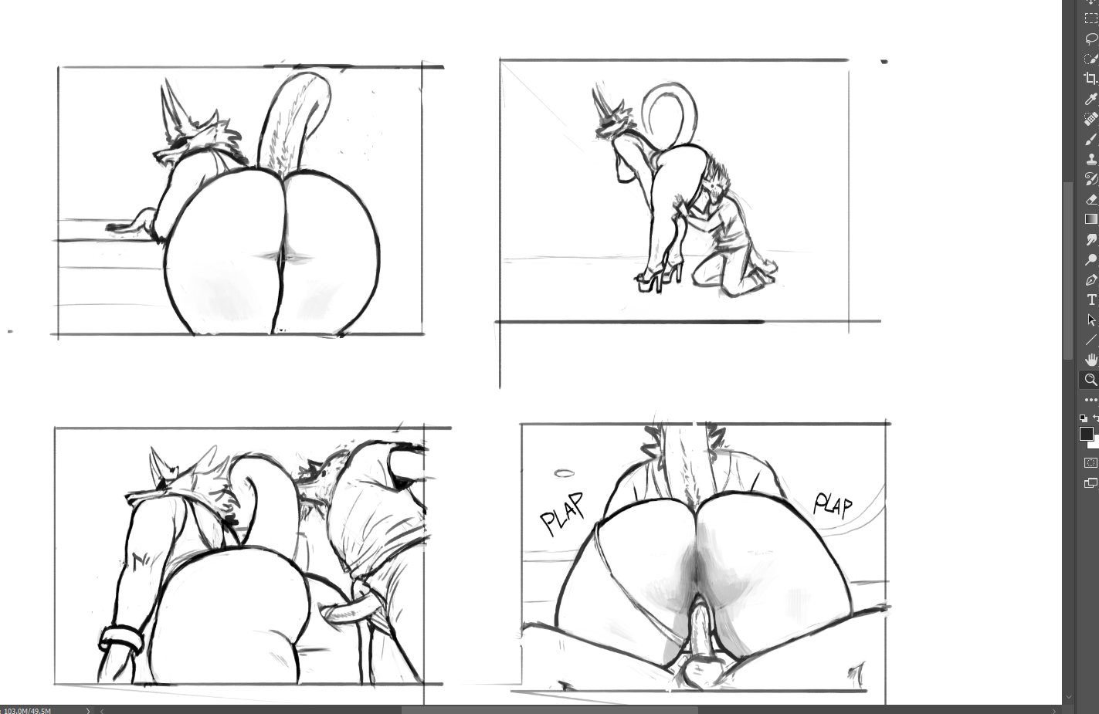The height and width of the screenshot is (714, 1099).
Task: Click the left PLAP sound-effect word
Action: [x=562, y=513]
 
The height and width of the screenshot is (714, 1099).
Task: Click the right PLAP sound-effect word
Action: [x=833, y=505]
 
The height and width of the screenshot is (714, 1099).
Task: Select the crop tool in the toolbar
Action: [x=1090, y=79]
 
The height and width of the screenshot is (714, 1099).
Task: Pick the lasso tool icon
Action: [x=1091, y=39]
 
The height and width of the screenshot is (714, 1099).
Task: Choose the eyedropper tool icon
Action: [x=1091, y=99]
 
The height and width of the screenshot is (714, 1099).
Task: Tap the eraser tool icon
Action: [x=1091, y=200]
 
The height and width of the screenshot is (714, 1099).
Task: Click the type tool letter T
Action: [x=1091, y=299]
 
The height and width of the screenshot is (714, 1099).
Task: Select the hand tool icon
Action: [x=1091, y=360]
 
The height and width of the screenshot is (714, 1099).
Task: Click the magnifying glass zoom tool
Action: [x=1091, y=380]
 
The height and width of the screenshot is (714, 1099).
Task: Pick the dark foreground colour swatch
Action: [x=1086, y=434]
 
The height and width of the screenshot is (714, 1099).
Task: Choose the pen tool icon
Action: [x=1091, y=280]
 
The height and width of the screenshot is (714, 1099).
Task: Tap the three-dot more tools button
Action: [x=1091, y=400]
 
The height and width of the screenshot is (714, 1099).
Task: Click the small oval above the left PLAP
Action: [x=564, y=474]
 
